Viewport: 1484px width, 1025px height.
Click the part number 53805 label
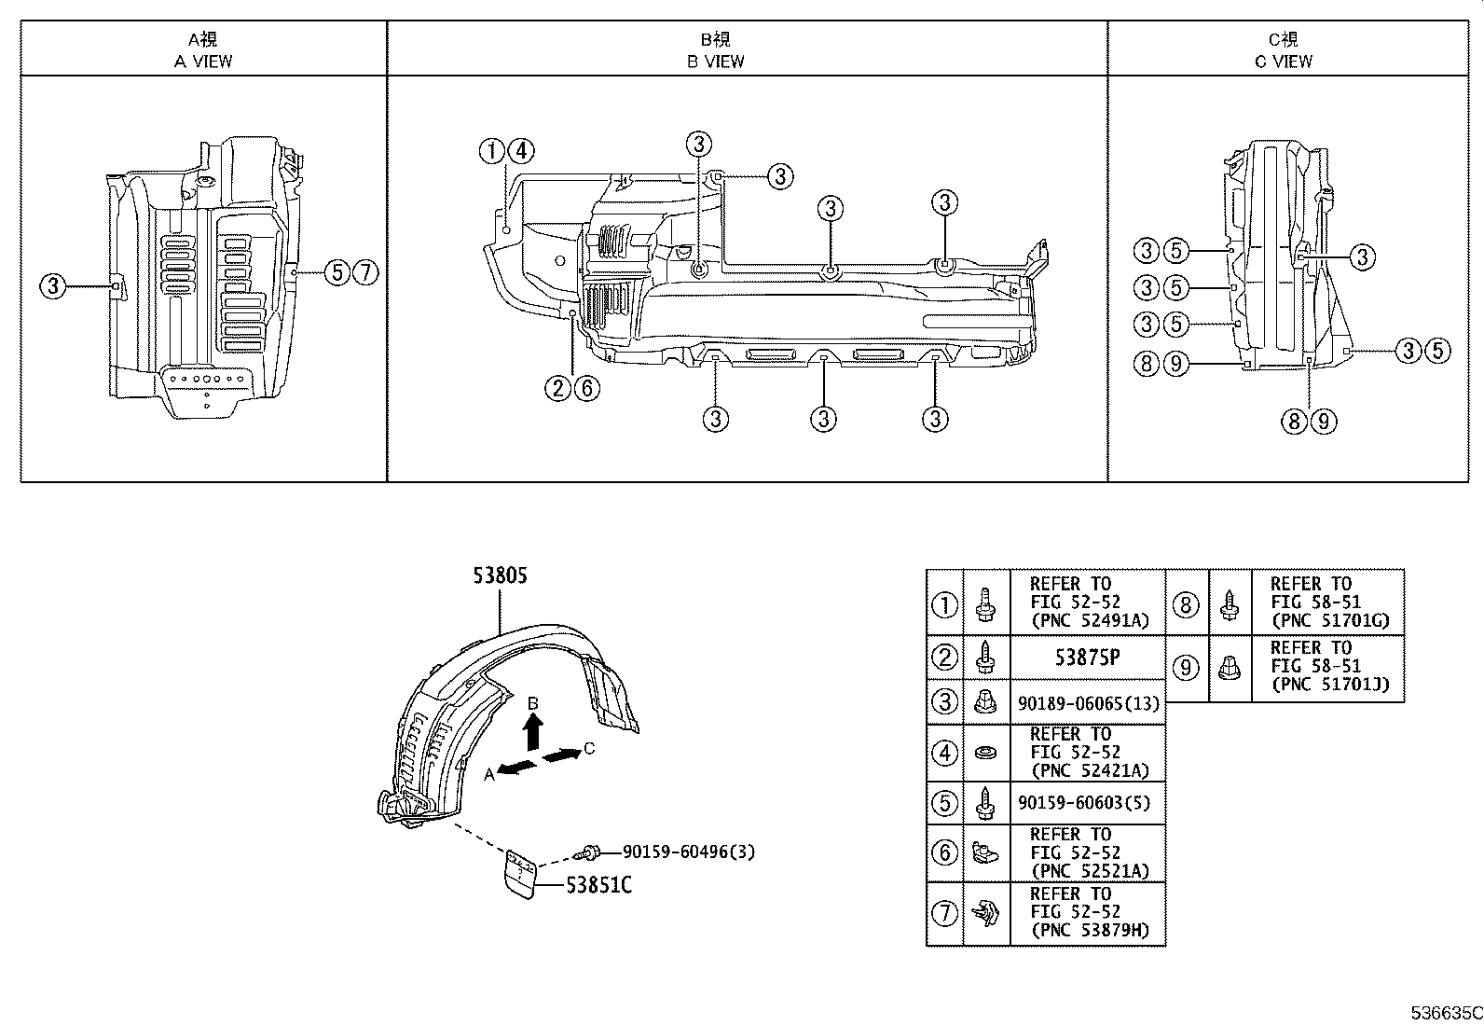(x=500, y=576)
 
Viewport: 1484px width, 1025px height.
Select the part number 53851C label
(x=598, y=885)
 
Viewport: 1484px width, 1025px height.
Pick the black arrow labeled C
(x=560, y=755)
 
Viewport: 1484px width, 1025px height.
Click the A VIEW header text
(x=203, y=62)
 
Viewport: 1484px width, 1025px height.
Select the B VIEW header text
(x=716, y=62)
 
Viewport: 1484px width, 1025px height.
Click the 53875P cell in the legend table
(x=1087, y=657)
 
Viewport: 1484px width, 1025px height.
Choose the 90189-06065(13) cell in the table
(x=1087, y=702)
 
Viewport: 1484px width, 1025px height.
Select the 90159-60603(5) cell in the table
(x=1087, y=802)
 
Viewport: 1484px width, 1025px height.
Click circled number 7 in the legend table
(x=944, y=913)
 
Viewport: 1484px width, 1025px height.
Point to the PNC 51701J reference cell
(x=1328, y=666)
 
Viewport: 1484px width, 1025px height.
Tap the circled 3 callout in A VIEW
(x=53, y=286)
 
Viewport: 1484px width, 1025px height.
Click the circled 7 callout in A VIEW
(x=366, y=272)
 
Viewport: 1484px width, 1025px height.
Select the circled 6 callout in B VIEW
(x=586, y=388)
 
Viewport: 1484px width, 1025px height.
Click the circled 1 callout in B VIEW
(x=492, y=151)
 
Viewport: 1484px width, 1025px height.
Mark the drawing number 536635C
(x=1444, y=1013)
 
